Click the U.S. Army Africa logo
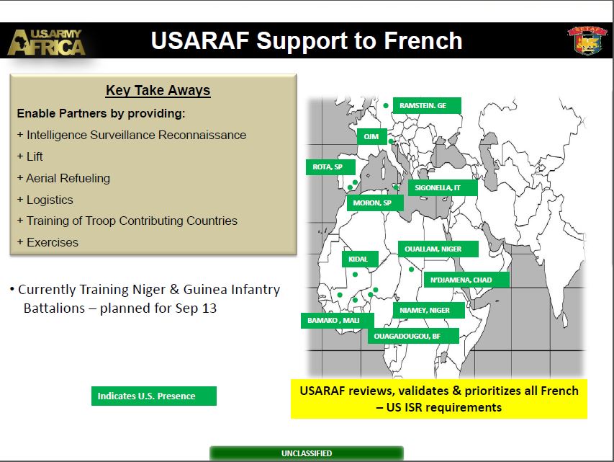(x=46, y=42)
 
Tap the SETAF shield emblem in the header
(x=587, y=40)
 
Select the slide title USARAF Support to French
(x=307, y=40)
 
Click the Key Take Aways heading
(x=158, y=90)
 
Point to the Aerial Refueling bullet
(x=64, y=178)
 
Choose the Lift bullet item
(x=30, y=156)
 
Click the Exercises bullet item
(x=48, y=242)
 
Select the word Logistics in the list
(x=50, y=200)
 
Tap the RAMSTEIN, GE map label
(x=427, y=105)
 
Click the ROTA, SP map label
(x=330, y=167)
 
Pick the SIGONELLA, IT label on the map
(x=443, y=188)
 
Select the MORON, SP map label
(x=375, y=203)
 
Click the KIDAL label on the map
(x=360, y=259)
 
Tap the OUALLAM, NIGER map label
(x=438, y=249)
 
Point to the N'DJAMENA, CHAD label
(x=466, y=280)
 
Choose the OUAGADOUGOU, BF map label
(x=413, y=336)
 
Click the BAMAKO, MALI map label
(x=337, y=321)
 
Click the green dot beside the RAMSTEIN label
(x=386, y=105)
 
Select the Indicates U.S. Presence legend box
(x=154, y=396)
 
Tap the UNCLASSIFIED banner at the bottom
(x=307, y=453)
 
